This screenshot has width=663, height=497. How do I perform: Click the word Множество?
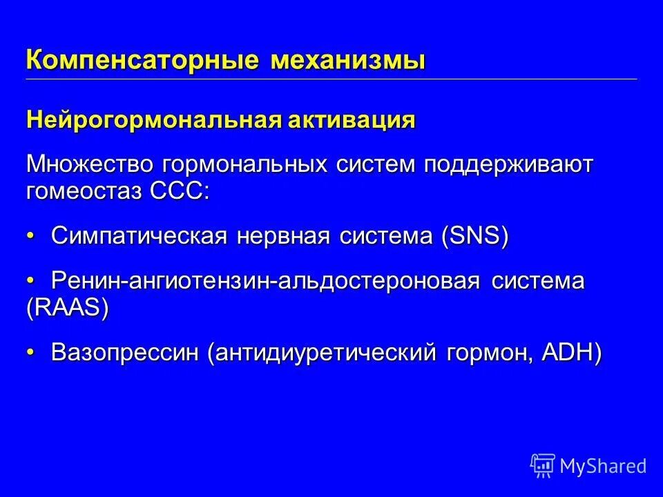90,166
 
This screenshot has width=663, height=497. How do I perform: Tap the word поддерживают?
508,166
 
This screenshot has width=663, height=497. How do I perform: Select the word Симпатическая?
138,237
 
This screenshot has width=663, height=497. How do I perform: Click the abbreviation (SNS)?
475,237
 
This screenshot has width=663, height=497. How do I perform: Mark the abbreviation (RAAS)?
68,308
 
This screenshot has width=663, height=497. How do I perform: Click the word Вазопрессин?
125,353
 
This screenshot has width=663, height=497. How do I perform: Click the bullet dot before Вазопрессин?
30,353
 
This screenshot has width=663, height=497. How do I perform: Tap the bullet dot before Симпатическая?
30,237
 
